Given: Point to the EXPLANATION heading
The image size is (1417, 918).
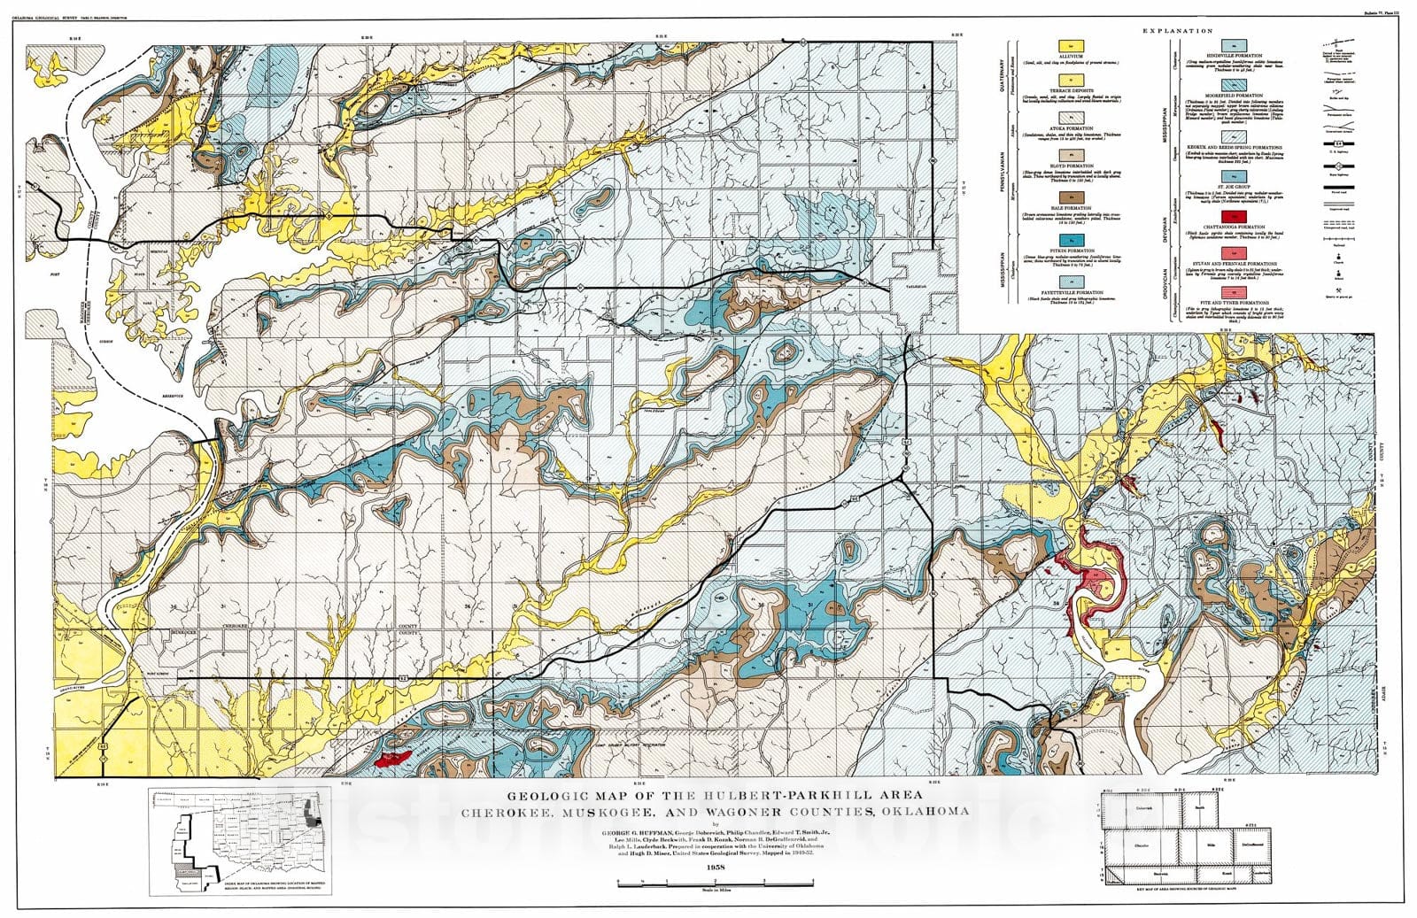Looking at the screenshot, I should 1178,31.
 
